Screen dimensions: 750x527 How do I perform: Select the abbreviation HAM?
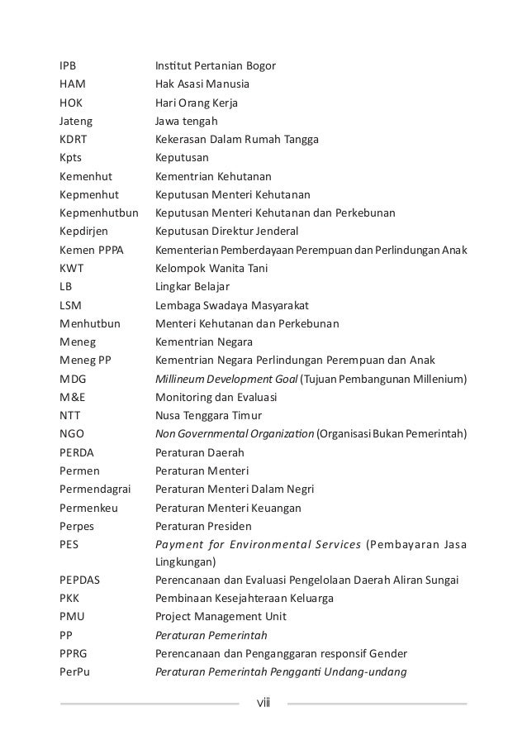point(72,84)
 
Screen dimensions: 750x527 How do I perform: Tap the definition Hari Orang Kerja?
point(202,103)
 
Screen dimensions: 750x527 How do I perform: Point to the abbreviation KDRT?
point(74,139)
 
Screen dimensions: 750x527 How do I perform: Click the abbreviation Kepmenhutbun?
point(97,213)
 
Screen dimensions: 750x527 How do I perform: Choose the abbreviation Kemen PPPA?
point(91,250)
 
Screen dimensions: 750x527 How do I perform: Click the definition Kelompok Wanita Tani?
point(211,268)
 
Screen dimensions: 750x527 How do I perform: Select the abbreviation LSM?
point(70,305)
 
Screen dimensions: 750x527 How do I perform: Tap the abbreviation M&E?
point(72,397)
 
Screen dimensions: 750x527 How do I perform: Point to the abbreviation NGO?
point(72,433)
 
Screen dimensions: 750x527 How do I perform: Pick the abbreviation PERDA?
point(77,452)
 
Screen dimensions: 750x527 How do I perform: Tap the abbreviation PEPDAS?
point(79,580)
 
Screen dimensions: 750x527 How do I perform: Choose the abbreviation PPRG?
point(74,653)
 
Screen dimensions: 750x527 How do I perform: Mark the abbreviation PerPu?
point(74,671)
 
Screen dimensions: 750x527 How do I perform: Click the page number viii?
point(263,704)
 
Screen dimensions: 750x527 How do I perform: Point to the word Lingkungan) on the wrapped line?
point(186,562)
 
